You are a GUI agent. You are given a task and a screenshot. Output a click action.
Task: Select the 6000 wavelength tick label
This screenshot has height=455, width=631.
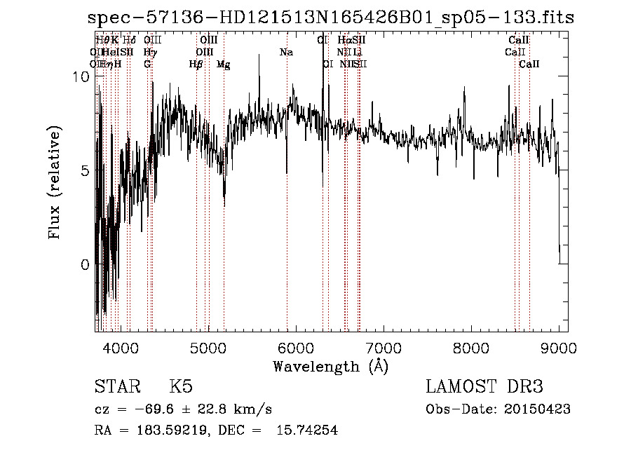click(x=295, y=348)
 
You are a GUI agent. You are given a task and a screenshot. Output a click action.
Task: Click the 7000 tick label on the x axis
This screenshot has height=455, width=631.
click(x=383, y=348)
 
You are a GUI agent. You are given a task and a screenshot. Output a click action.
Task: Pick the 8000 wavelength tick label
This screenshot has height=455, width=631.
click(x=470, y=348)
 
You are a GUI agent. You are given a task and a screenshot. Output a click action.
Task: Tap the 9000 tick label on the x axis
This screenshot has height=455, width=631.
click(x=558, y=348)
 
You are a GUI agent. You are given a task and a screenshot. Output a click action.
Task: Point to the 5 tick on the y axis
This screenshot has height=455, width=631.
click(x=84, y=171)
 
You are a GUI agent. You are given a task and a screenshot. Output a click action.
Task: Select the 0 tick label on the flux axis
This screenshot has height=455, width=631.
click(x=84, y=264)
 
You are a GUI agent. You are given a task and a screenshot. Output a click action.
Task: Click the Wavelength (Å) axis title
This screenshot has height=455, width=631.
click(x=330, y=366)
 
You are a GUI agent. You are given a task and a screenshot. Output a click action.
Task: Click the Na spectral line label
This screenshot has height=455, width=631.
click(x=286, y=53)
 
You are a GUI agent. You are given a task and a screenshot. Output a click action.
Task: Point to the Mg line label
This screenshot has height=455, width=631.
click(x=223, y=64)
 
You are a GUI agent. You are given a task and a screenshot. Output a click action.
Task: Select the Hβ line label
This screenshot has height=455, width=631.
click(x=196, y=64)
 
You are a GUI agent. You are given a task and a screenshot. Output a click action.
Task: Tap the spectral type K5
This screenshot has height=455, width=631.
click(x=181, y=388)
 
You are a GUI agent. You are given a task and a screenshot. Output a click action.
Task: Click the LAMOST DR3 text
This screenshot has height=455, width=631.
click(x=484, y=388)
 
